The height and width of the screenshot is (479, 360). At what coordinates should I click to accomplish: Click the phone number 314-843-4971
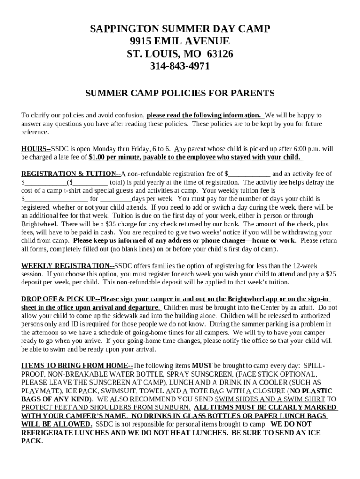click(x=180, y=66)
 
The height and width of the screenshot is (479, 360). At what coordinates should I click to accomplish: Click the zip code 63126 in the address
click(x=216, y=54)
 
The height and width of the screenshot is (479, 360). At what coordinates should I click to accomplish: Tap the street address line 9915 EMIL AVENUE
click(x=180, y=41)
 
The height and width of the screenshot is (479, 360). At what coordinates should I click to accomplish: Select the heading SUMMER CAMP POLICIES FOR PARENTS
click(x=180, y=93)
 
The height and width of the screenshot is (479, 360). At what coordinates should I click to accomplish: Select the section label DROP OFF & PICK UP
click(x=58, y=299)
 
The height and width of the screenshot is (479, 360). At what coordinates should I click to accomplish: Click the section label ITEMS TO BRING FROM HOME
click(x=75, y=365)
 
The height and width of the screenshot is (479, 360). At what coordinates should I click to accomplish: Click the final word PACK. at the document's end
click(x=32, y=441)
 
